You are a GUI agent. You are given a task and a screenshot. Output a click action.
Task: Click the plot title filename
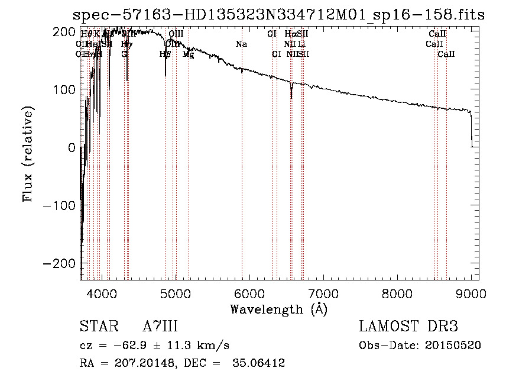(x=278, y=15)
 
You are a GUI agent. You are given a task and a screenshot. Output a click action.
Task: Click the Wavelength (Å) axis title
(x=278, y=309)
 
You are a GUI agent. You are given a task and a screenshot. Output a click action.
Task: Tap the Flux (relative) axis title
(x=28, y=153)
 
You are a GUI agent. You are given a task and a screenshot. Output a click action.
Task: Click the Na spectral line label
(x=241, y=44)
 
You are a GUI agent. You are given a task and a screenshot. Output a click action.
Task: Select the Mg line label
(x=189, y=54)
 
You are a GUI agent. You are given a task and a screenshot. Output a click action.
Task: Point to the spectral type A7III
(x=160, y=327)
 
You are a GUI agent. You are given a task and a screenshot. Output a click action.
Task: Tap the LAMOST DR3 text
(x=408, y=327)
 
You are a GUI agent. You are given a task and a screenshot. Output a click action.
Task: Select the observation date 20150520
(x=452, y=346)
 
